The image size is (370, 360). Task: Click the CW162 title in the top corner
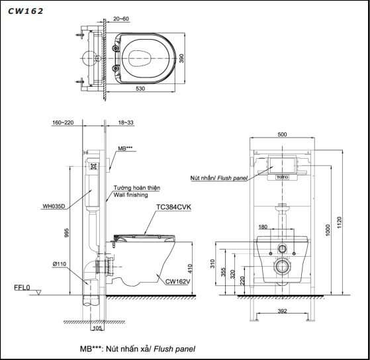(23, 10)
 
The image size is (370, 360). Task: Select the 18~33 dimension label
(126, 122)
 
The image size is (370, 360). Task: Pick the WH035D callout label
(54, 206)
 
